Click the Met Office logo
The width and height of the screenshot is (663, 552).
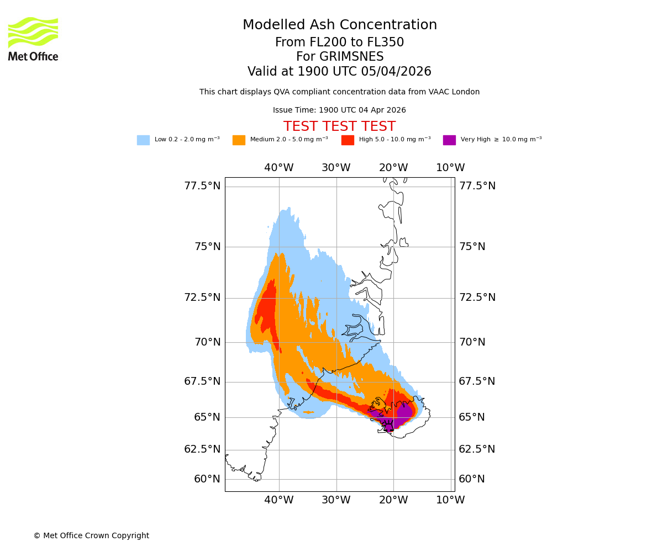pos(33,39)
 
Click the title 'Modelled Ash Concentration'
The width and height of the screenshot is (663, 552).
pos(339,25)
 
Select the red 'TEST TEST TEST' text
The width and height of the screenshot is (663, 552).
pos(339,127)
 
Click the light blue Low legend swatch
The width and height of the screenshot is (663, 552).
pos(143,140)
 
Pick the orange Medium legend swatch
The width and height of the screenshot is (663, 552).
pos(239,140)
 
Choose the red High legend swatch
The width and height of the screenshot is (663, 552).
pos(348,140)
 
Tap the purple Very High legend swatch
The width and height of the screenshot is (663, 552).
pos(449,140)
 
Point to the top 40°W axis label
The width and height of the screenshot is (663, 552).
pos(278,168)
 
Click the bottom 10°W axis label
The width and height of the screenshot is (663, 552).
pos(450,500)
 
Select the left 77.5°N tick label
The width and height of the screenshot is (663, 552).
pos(202,186)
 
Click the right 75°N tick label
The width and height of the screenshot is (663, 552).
pos(472,247)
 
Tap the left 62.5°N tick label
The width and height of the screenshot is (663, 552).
pos(202,449)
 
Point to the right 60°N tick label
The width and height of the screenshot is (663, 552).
pos(472,479)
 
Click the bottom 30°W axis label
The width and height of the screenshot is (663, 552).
pos(336,500)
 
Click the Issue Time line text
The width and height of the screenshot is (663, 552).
pos(339,110)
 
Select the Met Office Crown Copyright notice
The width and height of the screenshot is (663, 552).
pos(91,535)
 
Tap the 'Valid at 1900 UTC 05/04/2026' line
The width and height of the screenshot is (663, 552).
pos(339,72)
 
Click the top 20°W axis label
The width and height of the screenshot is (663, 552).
pos(393,168)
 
